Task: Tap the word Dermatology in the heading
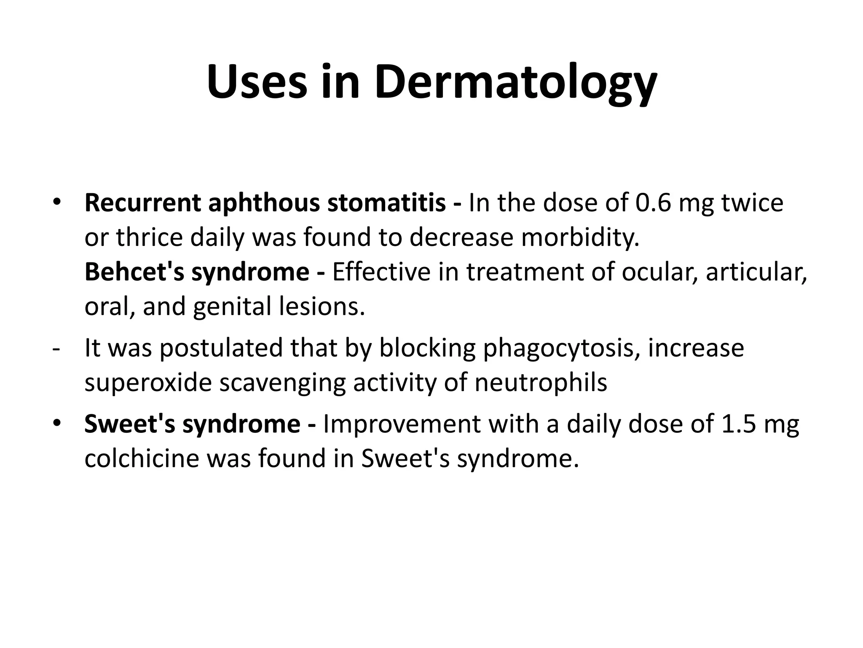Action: (x=515, y=83)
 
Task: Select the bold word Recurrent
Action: (x=143, y=202)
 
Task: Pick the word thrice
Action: (x=151, y=237)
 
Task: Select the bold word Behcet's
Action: (x=134, y=272)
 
